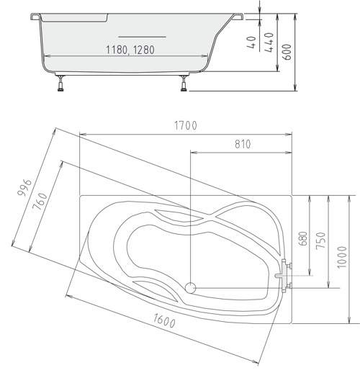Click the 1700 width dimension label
186,125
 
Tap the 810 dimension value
243,144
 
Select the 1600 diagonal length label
164,321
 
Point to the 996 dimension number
24,187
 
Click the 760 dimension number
40,202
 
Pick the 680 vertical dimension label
303,238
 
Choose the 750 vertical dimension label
321,240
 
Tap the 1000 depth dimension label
342,257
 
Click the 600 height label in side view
287,52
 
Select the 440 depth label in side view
269,42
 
